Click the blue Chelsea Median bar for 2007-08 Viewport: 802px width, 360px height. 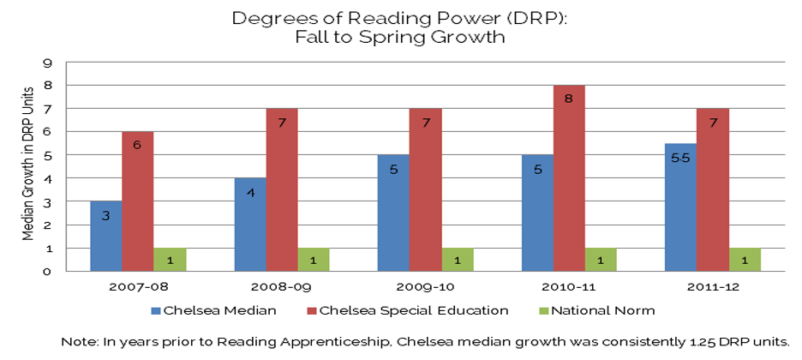(105, 236)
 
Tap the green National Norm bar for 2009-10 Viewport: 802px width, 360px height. (458, 260)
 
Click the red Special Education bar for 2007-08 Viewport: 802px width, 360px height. (137, 201)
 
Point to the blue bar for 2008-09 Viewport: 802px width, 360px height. (249, 225)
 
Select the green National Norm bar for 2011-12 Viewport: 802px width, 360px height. (745, 260)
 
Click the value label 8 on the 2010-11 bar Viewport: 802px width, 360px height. (569, 99)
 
